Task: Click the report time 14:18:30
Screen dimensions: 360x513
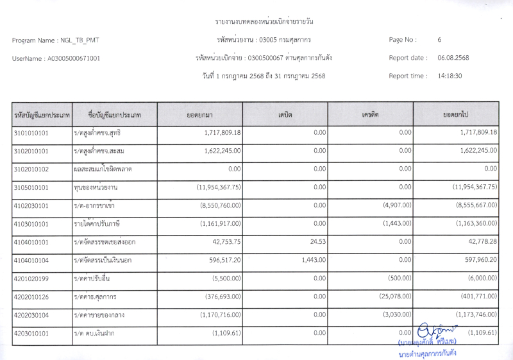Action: click(450, 76)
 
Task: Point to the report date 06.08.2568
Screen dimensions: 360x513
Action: click(453, 58)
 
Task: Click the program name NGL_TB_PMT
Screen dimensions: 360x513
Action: click(80, 40)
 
